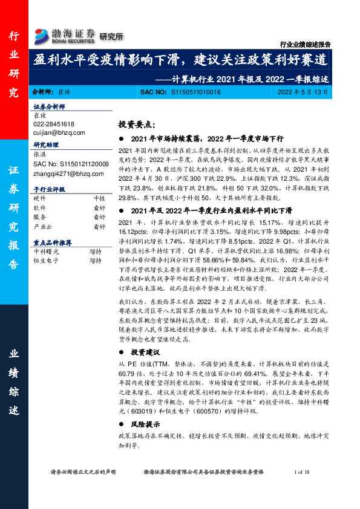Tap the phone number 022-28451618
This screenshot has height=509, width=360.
(54, 123)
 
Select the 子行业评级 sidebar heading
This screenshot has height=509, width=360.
(49, 189)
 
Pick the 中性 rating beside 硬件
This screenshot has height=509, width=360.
(99, 198)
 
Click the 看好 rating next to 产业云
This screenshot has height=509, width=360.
(99, 227)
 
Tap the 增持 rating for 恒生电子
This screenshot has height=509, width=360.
(96, 261)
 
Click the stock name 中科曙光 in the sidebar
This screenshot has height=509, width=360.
(46, 252)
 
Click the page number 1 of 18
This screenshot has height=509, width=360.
(302, 471)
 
